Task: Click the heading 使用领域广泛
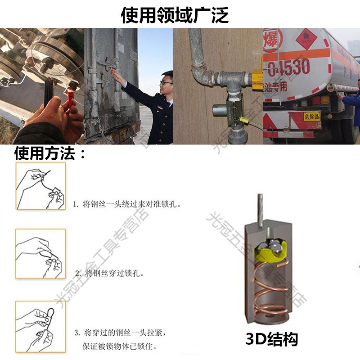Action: (x=175, y=14)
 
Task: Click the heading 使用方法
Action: (x=50, y=154)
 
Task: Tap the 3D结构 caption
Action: (x=272, y=339)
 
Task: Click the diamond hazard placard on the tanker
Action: (x=306, y=39)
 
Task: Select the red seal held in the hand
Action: (x=71, y=95)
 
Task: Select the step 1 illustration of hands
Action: (x=40, y=186)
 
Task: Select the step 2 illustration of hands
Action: (x=40, y=252)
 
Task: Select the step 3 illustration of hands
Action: (x=40, y=326)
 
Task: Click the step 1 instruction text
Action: (x=128, y=204)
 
